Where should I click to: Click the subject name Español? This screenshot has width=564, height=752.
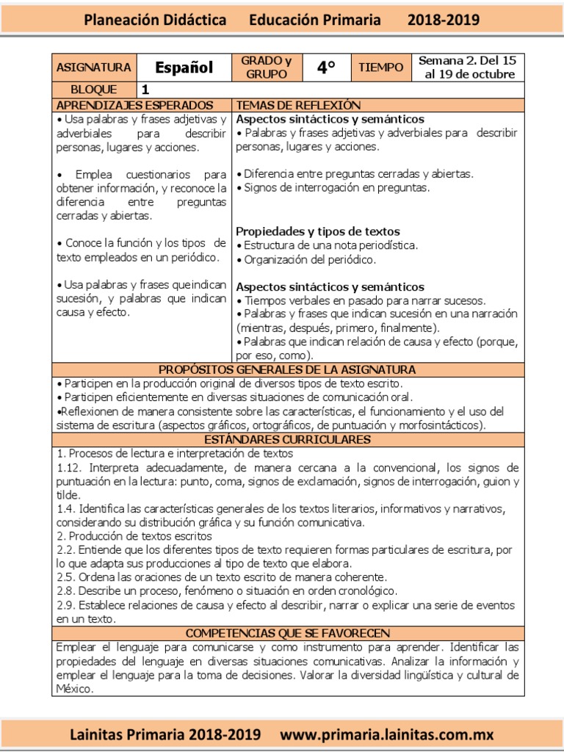[184, 68]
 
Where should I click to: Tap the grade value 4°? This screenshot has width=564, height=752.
[326, 68]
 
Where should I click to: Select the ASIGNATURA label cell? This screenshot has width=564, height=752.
[93, 68]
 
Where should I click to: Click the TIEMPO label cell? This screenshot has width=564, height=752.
[380, 68]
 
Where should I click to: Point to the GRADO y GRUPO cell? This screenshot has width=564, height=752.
[267, 68]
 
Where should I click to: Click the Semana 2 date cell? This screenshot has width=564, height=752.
[466, 68]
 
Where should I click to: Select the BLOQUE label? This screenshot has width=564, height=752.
[93, 90]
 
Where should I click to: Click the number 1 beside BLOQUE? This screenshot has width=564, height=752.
[145, 90]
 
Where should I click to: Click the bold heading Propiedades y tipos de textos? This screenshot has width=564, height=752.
[318, 231]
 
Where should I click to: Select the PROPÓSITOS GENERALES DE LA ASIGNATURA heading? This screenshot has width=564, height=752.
[287, 369]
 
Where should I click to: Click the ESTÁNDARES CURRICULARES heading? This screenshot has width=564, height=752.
[287, 439]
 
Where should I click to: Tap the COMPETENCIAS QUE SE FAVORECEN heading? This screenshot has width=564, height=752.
[287, 633]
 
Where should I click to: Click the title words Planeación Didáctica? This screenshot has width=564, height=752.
[155, 21]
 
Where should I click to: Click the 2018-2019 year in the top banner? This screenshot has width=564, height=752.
[444, 21]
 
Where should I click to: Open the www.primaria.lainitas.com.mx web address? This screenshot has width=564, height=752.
[387, 734]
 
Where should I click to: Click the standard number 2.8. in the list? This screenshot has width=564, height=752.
[66, 591]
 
